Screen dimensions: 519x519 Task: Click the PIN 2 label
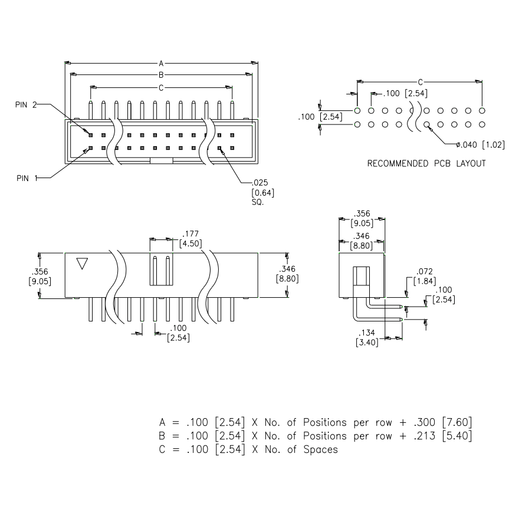26,105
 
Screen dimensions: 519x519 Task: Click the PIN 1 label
26,176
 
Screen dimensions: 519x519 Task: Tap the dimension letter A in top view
161,62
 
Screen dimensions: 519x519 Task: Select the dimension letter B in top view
161,74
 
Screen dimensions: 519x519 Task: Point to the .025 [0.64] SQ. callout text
263,192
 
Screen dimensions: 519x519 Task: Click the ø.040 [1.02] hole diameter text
479,145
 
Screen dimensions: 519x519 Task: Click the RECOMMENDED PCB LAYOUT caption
426,163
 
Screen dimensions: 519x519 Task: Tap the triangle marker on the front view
83,263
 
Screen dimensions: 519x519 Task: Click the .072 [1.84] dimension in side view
425,276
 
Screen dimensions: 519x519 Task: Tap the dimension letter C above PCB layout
420,82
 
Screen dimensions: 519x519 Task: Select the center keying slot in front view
160,270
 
